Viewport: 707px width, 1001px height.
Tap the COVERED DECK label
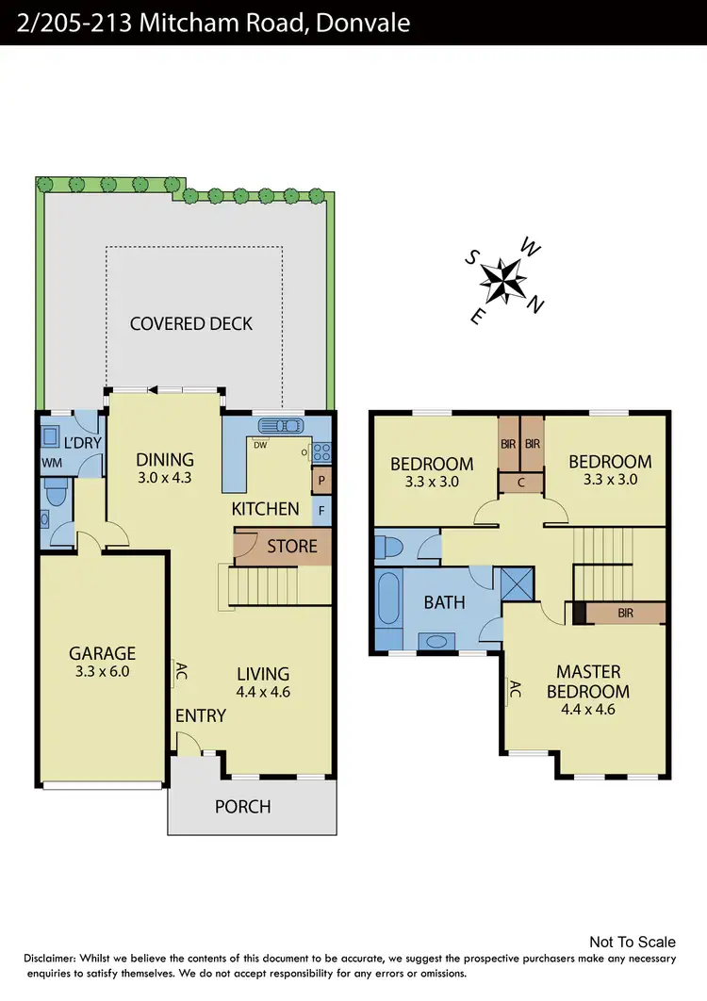[x=191, y=323]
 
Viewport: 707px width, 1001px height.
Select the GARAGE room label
[x=102, y=653]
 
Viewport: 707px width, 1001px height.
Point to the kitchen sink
[x=280, y=425]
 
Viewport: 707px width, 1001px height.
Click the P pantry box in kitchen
[x=321, y=480]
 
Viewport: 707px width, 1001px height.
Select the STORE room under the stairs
[x=291, y=547]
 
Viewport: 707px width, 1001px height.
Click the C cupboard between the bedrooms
[x=520, y=482]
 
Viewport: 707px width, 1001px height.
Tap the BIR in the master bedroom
[x=625, y=614]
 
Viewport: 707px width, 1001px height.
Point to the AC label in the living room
[x=179, y=672]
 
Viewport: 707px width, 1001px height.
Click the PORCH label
[x=242, y=807]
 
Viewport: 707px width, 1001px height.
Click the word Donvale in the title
[x=364, y=22]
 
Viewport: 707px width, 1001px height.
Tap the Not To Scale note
[x=632, y=942]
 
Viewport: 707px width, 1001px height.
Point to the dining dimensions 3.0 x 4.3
[x=164, y=478]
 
